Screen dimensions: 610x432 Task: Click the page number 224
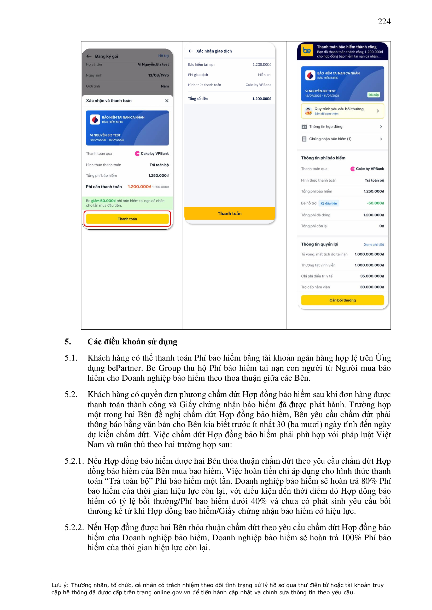384,21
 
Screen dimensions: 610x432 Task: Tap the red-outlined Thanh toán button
127,219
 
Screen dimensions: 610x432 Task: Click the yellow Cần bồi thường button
342,300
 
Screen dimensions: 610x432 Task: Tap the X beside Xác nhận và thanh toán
167,101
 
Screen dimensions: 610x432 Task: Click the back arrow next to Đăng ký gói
89,56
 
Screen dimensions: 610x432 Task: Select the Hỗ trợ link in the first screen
163,56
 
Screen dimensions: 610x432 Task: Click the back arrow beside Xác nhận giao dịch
191,51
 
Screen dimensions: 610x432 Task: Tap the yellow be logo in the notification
307,50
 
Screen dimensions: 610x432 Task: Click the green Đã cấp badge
373,95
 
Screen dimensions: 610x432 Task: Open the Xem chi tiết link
374,244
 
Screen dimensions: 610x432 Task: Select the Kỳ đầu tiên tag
329,203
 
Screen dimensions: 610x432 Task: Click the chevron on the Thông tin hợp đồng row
381,127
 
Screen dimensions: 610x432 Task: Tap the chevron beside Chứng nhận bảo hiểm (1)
381,139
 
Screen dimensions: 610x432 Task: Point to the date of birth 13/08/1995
158,75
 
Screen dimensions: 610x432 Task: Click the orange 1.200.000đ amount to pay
139,187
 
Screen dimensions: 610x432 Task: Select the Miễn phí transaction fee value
264,75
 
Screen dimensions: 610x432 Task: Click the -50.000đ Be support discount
375,203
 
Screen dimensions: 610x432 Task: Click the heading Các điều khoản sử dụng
132,342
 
